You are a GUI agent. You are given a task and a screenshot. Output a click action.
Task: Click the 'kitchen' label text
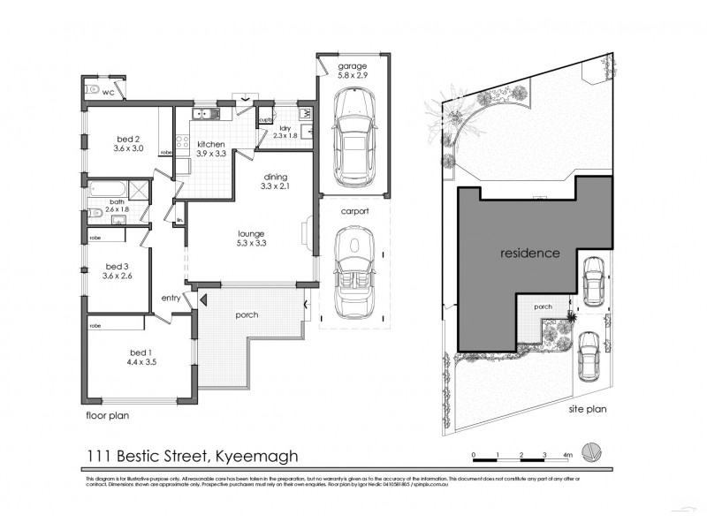[210, 144]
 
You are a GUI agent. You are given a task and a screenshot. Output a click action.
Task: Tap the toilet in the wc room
[91, 89]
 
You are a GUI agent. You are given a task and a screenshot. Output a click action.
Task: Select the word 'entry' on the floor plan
[171, 298]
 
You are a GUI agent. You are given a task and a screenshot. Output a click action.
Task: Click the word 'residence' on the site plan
[529, 253]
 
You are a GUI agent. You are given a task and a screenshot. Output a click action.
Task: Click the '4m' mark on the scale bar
[568, 455]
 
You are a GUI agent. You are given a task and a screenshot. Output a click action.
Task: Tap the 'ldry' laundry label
[285, 129]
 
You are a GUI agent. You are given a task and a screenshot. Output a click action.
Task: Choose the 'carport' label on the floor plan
[351, 213]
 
